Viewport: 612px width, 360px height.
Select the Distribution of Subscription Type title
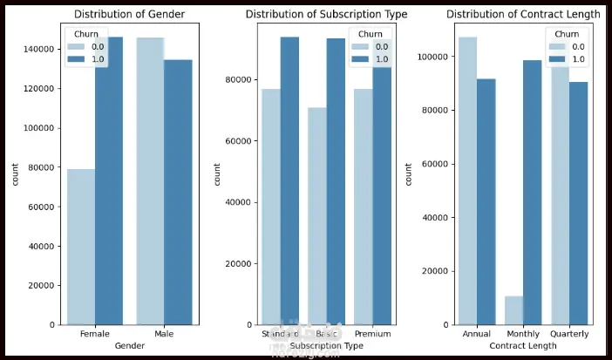pyautogui.click(x=327, y=14)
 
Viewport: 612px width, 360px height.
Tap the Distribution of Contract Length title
pyautogui.click(x=523, y=14)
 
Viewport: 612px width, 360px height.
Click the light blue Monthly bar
pyautogui.click(x=514, y=310)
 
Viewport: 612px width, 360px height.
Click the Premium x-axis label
pyautogui.click(x=373, y=334)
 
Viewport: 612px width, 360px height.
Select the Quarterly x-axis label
pyautogui.click(x=570, y=334)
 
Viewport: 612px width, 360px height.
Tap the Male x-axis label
pyautogui.click(x=162, y=334)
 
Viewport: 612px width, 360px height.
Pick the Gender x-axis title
pyautogui.click(x=128, y=346)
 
